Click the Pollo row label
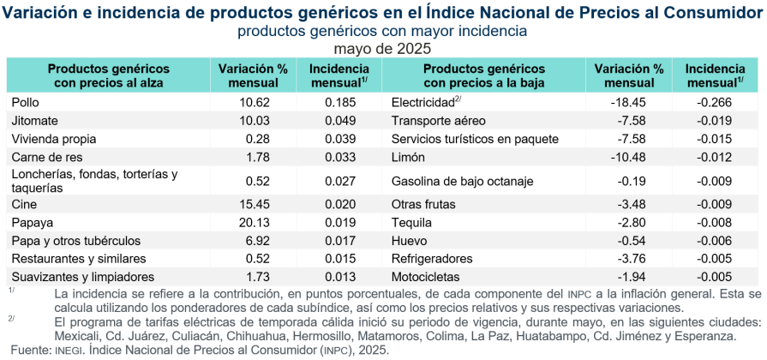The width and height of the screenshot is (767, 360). click(x=24, y=102)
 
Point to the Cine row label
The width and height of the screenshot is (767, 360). click(x=23, y=204)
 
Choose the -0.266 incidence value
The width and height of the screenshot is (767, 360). click(x=714, y=102)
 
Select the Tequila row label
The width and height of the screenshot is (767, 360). click(x=411, y=222)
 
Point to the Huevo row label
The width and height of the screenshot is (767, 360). click(x=408, y=241)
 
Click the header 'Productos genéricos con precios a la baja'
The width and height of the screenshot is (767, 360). click(x=484, y=75)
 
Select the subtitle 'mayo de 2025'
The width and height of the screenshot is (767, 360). click(x=382, y=49)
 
